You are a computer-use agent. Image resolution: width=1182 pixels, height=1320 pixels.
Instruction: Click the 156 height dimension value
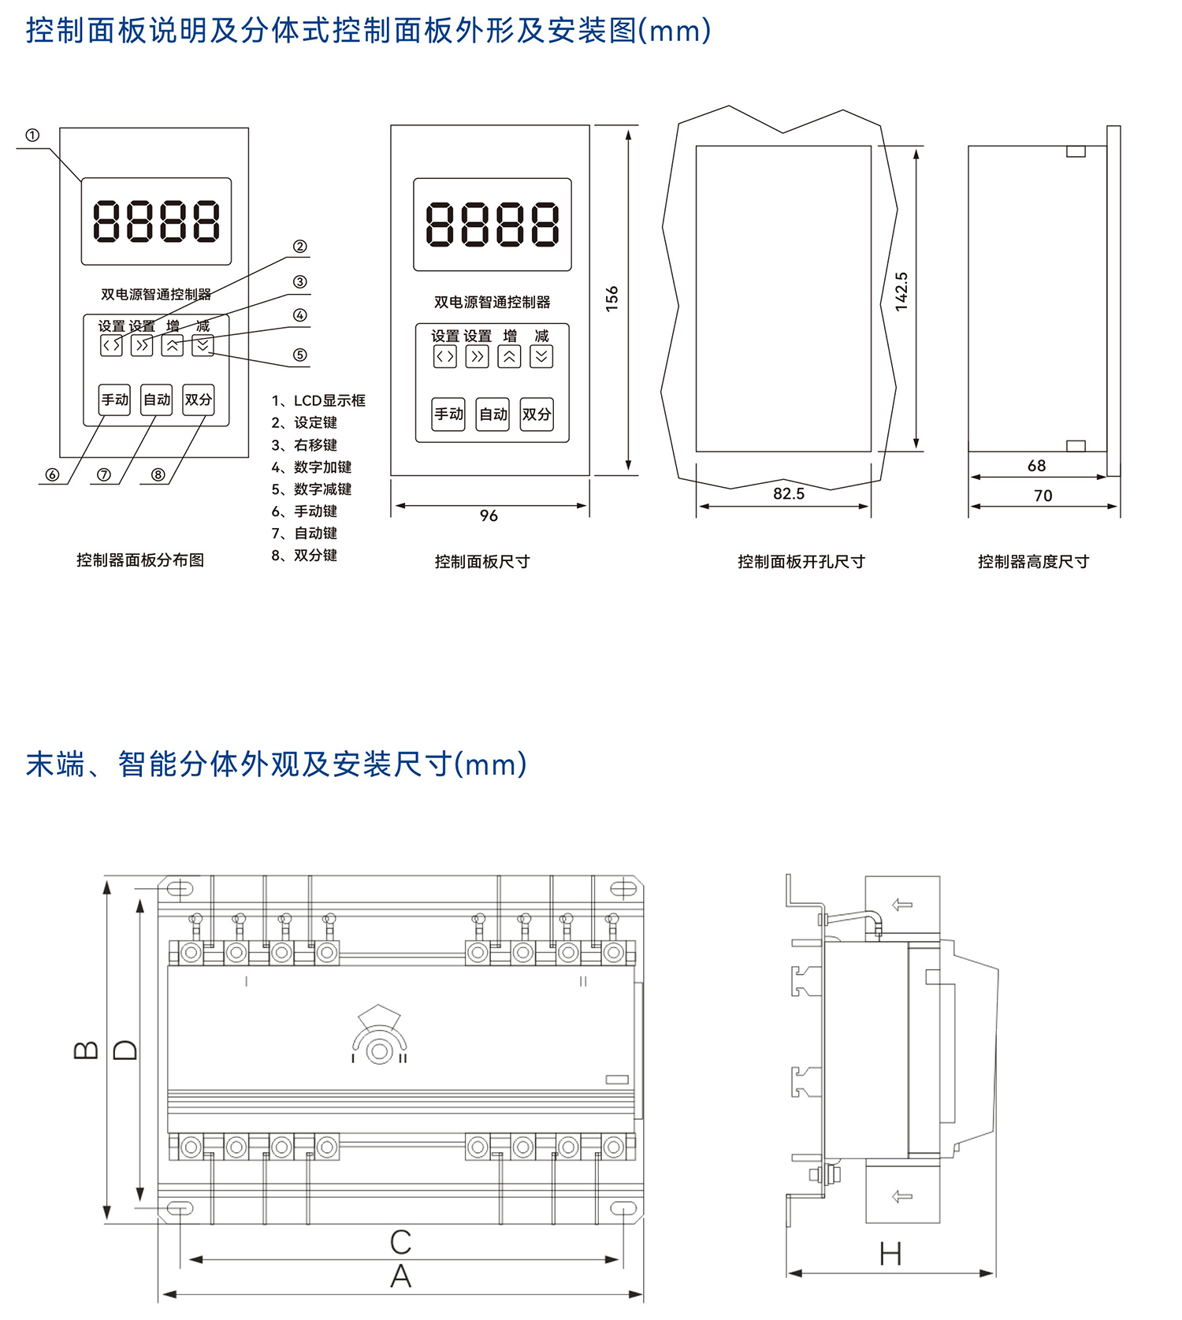pyautogui.click(x=611, y=299)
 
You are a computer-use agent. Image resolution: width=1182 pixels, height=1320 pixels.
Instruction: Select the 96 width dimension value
pyautogui.click(x=489, y=515)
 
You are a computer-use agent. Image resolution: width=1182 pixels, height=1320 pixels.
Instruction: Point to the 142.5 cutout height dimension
pyautogui.click(x=901, y=292)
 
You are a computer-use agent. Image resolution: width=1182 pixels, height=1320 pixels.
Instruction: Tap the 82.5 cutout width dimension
pyautogui.click(x=788, y=493)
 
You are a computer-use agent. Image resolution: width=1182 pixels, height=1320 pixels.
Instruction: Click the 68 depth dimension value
pyautogui.click(x=1036, y=466)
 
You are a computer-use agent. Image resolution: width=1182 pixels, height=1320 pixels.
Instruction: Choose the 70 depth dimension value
pyautogui.click(x=1043, y=496)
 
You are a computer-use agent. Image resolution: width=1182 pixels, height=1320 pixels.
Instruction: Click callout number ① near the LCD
pyautogui.click(x=32, y=136)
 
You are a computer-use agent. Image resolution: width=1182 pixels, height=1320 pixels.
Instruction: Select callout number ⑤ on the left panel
pyautogui.click(x=299, y=355)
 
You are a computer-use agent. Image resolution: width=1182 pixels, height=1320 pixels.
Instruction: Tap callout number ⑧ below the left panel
pyautogui.click(x=158, y=474)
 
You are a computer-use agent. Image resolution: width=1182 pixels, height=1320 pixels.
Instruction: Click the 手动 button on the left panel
pyautogui.click(x=114, y=400)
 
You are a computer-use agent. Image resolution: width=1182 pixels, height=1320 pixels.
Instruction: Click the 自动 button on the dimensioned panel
pyautogui.click(x=493, y=414)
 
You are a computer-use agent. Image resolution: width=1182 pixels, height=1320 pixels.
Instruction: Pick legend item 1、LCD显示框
pyautogui.click(x=318, y=400)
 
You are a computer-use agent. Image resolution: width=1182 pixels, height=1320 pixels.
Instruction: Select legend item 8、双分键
pyautogui.click(x=304, y=556)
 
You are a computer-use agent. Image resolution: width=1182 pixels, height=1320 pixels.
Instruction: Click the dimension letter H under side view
pyautogui.click(x=890, y=1254)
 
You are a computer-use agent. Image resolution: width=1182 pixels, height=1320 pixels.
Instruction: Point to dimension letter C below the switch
pyautogui.click(x=400, y=1243)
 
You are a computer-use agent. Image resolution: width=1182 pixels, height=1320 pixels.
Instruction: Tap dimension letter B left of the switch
pyautogui.click(x=86, y=1050)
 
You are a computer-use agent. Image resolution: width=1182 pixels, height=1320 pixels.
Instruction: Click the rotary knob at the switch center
pyautogui.click(x=380, y=1051)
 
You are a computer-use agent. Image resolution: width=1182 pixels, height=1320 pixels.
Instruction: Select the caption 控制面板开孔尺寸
pyautogui.click(x=801, y=562)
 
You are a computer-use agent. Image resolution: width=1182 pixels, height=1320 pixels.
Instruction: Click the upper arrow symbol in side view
pyautogui.click(x=902, y=905)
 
